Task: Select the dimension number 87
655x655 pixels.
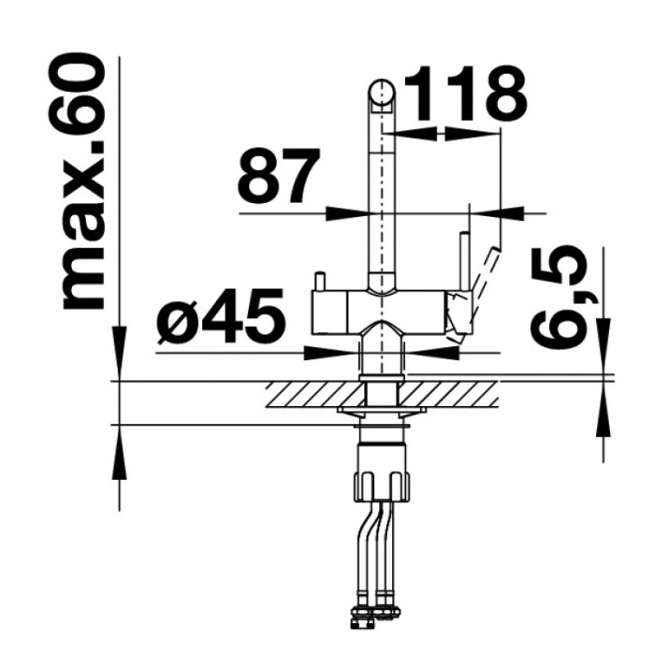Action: point(279,175)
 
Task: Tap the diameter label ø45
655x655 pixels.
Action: point(222,315)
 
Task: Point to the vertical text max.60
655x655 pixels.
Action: point(82,182)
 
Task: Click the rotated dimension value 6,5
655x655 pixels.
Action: point(558,294)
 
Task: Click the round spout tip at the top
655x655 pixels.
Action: point(381,93)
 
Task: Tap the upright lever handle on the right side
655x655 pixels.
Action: point(464,263)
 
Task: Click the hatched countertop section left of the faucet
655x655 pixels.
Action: point(314,394)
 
